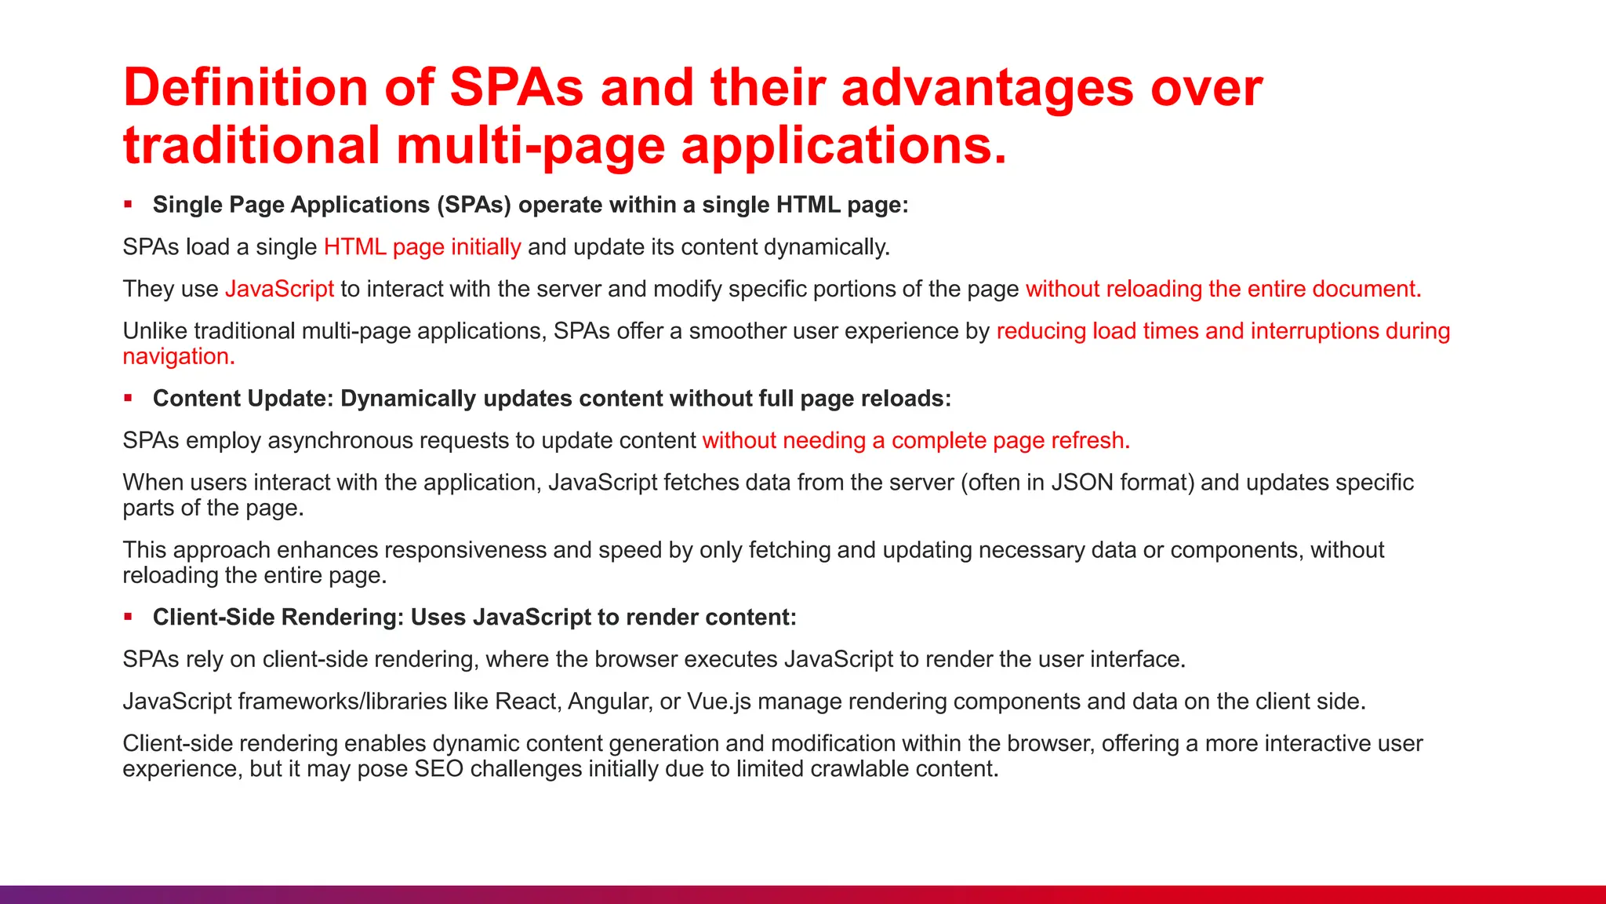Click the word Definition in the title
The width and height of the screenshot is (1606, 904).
[245, 87]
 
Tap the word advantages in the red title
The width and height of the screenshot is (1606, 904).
[987, 87]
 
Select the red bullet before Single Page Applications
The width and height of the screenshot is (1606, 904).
[128, 205]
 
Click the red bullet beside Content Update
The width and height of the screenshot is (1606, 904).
[128, 399]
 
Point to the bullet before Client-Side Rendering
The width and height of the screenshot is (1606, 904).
[128, 617]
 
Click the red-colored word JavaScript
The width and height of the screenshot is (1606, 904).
[279, 289]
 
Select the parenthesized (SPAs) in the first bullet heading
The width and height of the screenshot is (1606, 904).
[474, 205]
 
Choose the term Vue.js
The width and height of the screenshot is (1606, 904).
[718, 701]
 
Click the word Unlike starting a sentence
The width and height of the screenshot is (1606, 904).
[155, 331]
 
